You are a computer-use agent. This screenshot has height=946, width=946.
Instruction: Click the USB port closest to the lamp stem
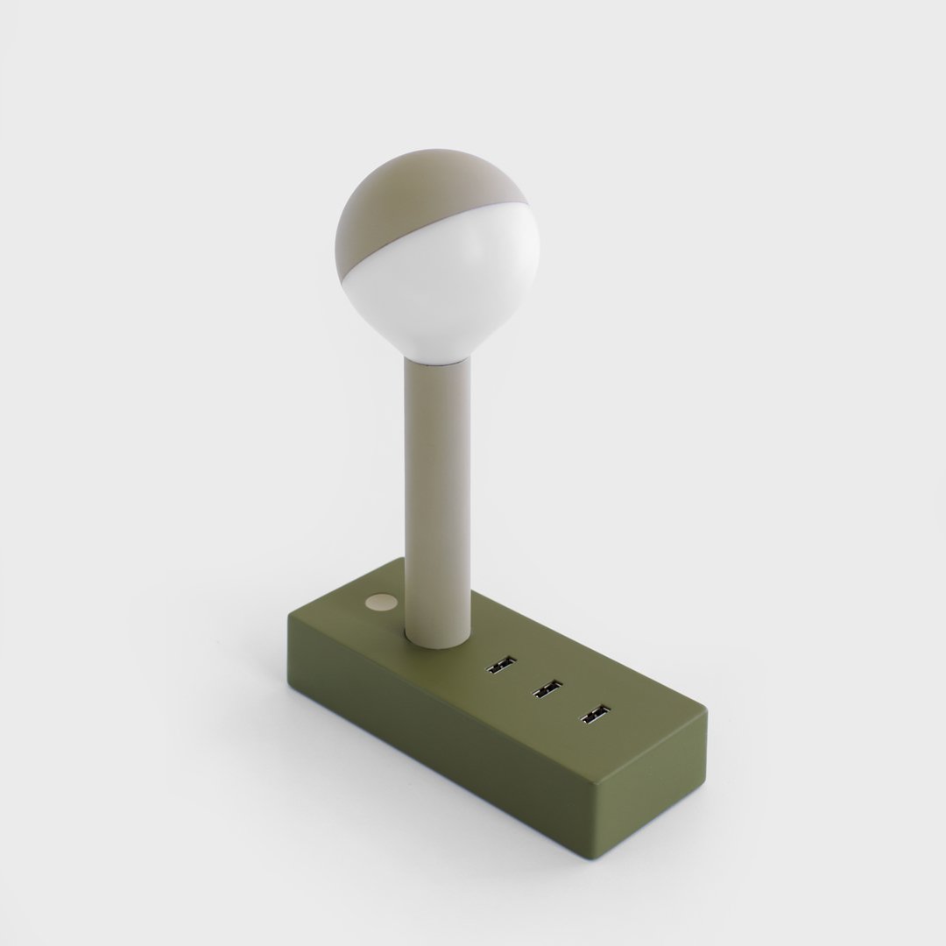pos(501,665)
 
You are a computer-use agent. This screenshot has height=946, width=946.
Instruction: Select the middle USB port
pos(547,690)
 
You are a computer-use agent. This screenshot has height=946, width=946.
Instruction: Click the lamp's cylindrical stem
pos(437,491)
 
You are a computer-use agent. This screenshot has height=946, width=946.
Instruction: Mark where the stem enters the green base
pos(436,641)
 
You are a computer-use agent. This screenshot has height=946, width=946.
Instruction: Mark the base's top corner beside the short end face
pos(706,715)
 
